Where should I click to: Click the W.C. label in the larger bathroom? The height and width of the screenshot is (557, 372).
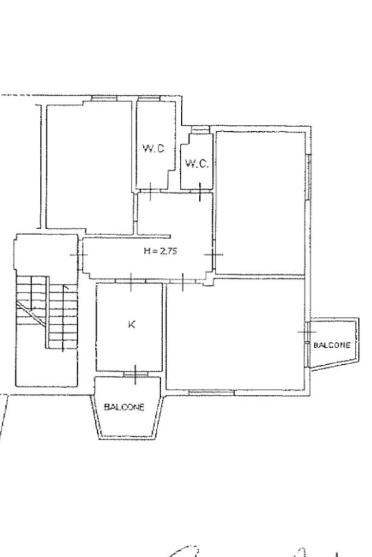point(154,149)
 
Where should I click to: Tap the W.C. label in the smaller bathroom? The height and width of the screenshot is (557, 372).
point(197,164)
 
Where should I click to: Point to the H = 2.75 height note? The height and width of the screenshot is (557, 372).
point(160,251)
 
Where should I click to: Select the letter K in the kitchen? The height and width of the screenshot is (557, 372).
point(131,325)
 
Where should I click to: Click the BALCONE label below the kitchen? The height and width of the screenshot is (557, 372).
point(124,407)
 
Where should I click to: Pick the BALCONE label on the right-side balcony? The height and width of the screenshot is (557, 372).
point(332,345)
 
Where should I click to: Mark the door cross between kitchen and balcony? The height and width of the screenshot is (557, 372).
point(136,375)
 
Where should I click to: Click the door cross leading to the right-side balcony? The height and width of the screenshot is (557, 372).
point(307,332)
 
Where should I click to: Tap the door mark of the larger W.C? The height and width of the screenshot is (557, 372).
point(150,191)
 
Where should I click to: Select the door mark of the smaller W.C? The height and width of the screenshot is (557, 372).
point(200,192)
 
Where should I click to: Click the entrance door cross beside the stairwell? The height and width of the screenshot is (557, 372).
point(79,255)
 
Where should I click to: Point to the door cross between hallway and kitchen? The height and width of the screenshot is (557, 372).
point(131,282)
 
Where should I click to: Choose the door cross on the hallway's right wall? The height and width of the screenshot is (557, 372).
point(214,254)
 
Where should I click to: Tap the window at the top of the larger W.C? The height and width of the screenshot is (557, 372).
point(149,99)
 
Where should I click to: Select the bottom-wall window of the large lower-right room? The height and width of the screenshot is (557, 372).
point(211,392)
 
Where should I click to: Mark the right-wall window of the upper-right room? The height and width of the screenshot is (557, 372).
point(309,176)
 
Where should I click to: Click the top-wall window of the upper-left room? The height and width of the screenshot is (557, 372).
point(104,99)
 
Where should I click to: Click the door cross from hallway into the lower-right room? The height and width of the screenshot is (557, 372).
point(182,282)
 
